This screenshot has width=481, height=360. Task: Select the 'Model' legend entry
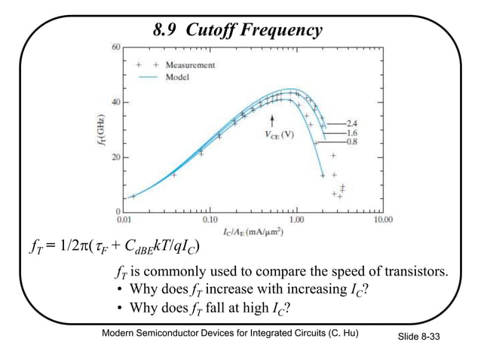coord(178,76)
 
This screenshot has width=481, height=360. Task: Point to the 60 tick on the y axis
coord(115,47)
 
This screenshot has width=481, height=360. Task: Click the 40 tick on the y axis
coord(115,102)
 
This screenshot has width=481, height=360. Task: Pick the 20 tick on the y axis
coord(115,157)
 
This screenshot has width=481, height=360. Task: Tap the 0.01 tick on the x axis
coord(124,220)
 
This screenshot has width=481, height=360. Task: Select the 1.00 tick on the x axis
coord(297,220)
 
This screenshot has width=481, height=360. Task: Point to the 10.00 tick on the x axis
coord(383,220)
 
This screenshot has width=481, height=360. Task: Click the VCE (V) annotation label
coord(279,135)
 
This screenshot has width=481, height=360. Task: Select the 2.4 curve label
coord(351,122)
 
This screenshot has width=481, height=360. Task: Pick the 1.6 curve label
coord(351,132)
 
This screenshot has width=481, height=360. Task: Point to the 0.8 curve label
coord(351,141)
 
